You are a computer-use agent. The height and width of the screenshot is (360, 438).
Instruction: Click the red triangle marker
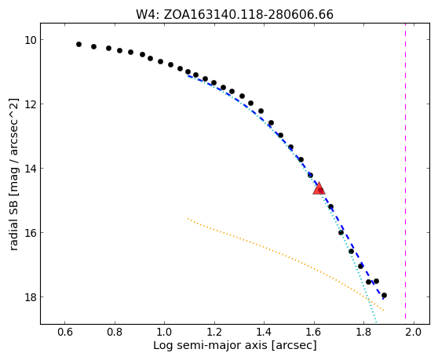pos(319,188)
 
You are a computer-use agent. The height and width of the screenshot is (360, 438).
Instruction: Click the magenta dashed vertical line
pos(405,173)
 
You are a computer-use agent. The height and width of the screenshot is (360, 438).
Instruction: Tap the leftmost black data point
pos(78,45)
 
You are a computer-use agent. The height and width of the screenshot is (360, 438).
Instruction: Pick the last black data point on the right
pos(384,295)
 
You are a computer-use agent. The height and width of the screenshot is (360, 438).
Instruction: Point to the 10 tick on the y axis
pos(31,40)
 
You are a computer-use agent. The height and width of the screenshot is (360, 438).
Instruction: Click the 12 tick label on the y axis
pos(31,104)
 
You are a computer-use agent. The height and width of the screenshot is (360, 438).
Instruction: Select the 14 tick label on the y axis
pos(31,169)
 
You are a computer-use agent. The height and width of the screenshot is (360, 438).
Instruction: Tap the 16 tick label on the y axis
pos(31,232)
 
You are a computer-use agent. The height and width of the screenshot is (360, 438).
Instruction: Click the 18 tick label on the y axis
pos(31,297)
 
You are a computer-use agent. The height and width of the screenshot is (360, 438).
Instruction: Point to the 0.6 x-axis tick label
pos(65,332)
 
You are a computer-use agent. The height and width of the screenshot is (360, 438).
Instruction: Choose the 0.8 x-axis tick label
pos(115,332)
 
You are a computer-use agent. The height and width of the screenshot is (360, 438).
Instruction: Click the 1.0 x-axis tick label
pos(164,332)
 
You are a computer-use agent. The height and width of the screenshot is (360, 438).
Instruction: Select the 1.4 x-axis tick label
pos(264,332)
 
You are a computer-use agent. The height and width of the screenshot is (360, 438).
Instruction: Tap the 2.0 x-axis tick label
pos(414,332)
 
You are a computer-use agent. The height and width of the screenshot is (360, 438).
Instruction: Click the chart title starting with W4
pos(235,15)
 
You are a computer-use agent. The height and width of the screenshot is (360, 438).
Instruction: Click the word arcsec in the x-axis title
pos(294,345)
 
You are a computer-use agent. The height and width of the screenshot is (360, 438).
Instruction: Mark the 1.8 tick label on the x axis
pos(363,332)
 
